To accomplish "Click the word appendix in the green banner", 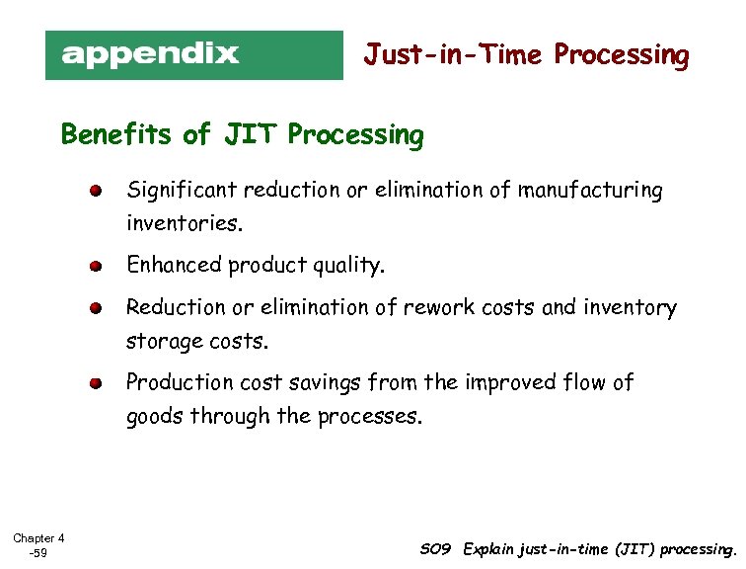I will click(150, 53).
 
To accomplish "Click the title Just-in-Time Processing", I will click(526, 55).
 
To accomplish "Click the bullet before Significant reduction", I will click(94, 191).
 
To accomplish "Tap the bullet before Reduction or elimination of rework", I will click(94, 308).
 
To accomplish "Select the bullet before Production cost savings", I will click(94, 383).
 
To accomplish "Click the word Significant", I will click(182, 191).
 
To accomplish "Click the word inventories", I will click(183, 224).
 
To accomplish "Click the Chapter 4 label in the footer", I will click(38, 538).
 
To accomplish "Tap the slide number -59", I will click(38, 553).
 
